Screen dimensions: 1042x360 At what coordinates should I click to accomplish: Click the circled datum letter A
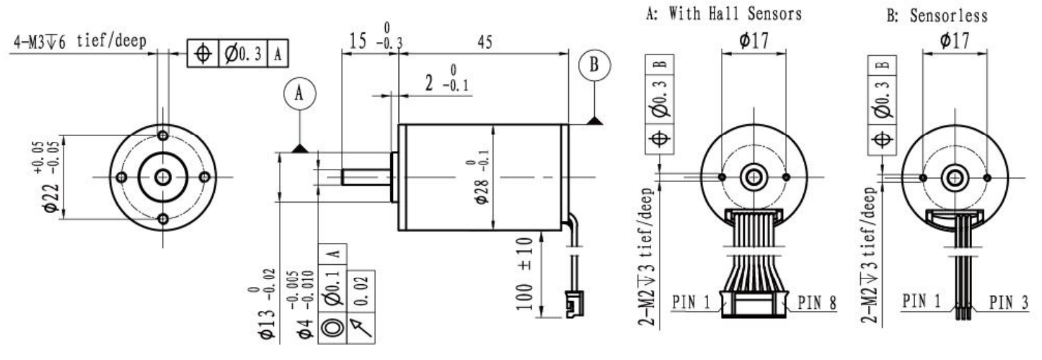pos(300,93)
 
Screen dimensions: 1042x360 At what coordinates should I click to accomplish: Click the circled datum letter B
pos(595,65)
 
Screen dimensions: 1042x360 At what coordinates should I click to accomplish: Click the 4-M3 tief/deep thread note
pos(80,41)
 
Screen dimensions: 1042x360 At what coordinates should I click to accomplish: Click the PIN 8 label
pos(817,303)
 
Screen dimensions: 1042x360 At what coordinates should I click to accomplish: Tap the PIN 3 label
pos(1008,303)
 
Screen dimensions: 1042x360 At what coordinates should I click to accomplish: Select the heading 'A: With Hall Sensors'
pos(724,14)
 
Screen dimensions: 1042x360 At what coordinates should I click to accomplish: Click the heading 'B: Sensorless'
pos(937,16)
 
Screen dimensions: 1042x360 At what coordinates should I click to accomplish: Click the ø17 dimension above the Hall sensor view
pos(754,40)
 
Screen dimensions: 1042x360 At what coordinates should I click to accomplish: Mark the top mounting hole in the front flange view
pos(163,135)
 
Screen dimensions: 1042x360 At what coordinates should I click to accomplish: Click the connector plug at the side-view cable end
pos(575,304)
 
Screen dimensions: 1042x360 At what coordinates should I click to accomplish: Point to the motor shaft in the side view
pos(366,177)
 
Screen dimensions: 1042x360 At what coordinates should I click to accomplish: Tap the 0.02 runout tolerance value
pos(362,291)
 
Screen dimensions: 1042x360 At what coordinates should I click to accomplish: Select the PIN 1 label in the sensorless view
pos(922,301)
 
